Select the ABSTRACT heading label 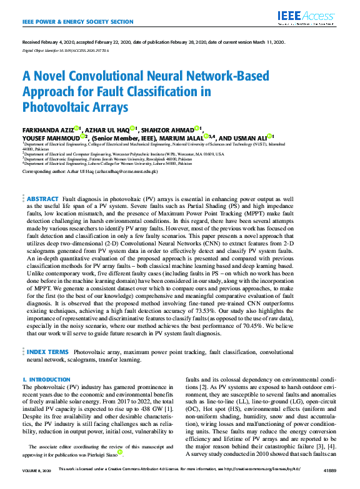[42, 197]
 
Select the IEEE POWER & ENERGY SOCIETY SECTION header [77, 22]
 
